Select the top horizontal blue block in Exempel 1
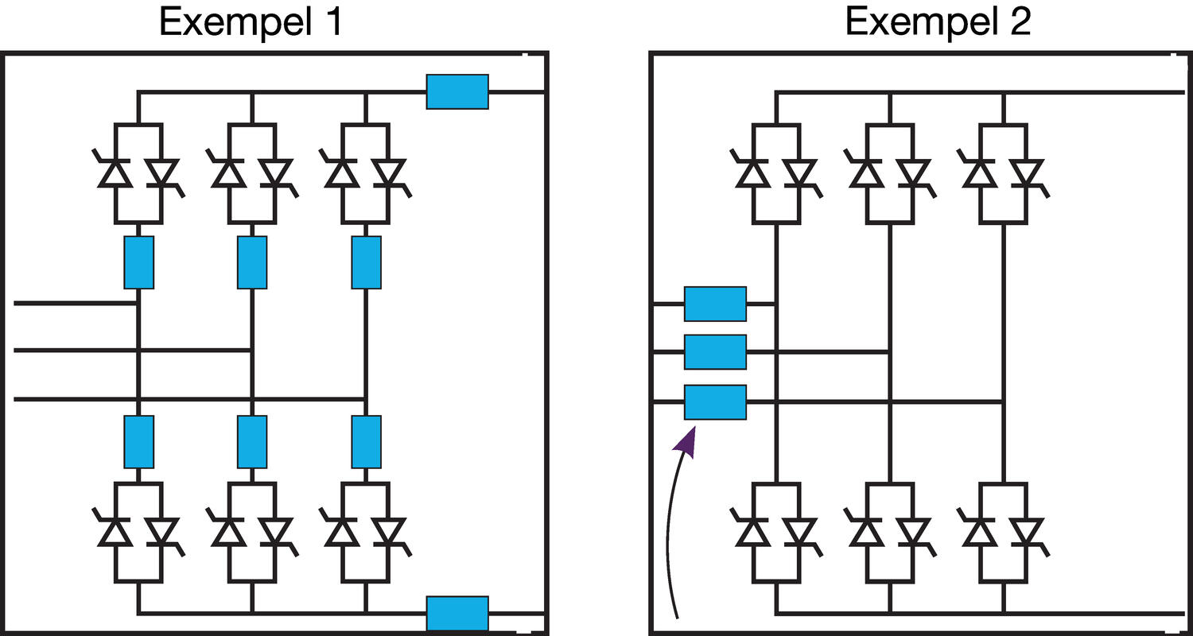point(457,91)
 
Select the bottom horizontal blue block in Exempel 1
point(457,614)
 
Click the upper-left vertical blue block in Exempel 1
point(139,262)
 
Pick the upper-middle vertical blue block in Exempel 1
point(252,262)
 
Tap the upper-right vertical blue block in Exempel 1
point(366,262)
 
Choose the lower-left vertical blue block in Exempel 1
point(139,441)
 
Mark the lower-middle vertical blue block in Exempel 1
point(252,441)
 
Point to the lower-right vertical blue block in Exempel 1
point(366,441)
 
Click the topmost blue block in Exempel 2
point(715,303)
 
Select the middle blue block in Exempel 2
point(715,352)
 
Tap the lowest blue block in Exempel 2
point(715,402)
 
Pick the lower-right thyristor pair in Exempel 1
point(366,530)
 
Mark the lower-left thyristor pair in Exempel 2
point(777,530)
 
